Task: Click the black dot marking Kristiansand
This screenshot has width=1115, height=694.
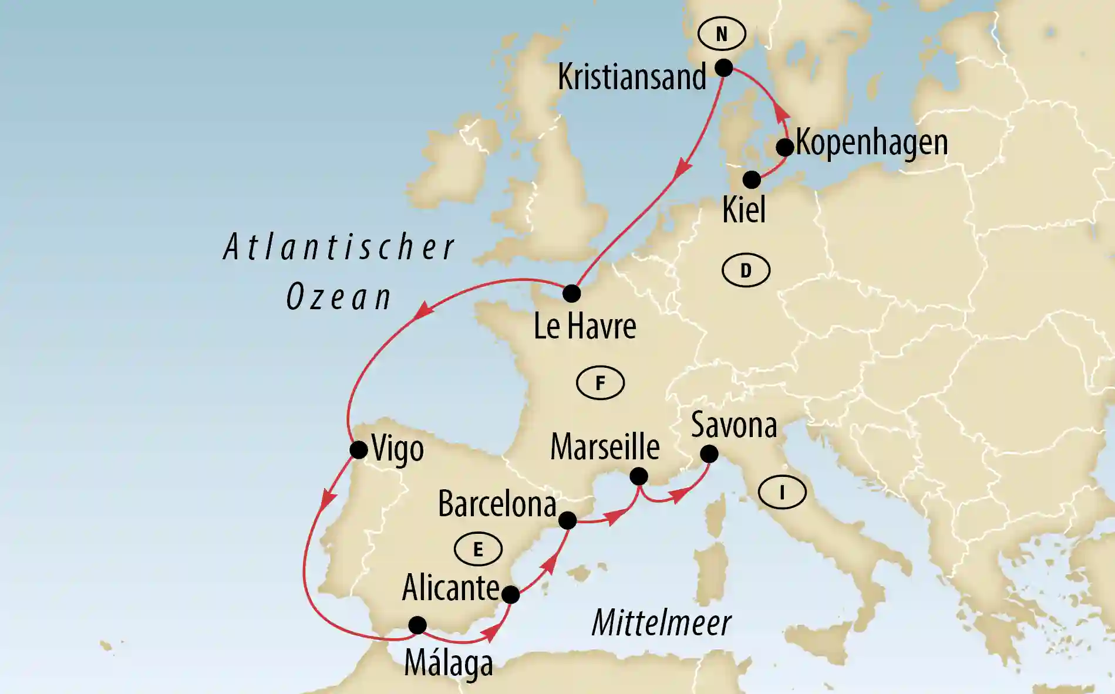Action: tap(724, 68)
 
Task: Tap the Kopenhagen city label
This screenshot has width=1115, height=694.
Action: tap(871, 143)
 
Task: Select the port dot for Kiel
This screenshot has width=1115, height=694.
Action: tap(752, 180)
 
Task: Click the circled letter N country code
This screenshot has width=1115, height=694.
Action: tap(722, 34)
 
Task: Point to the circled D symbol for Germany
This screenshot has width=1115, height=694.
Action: tap(746, 270)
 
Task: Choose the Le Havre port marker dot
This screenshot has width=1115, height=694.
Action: tap(571, 293)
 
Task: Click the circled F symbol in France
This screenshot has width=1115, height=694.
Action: tap(600, 383)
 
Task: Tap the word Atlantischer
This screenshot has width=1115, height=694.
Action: tap(339, 247)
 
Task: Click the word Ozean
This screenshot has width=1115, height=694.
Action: tap(339, 297)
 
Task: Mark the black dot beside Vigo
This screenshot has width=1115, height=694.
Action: tap(359, 451)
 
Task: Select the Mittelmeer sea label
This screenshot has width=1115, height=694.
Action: tap(661, 623)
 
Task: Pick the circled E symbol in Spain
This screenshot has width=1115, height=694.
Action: tap(478, 549)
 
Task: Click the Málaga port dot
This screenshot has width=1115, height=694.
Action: tap(417, 625)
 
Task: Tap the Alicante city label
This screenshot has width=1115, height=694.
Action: tap(450, 588)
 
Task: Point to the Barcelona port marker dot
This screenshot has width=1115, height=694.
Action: tap(567, 520)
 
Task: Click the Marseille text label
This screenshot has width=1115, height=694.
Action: tap(605, 447)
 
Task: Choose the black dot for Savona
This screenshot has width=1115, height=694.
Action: tap(709, 454)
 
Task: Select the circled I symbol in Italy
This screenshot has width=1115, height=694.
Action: tap(781, 492)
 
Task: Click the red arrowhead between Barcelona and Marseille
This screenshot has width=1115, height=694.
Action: tap(614, 517)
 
